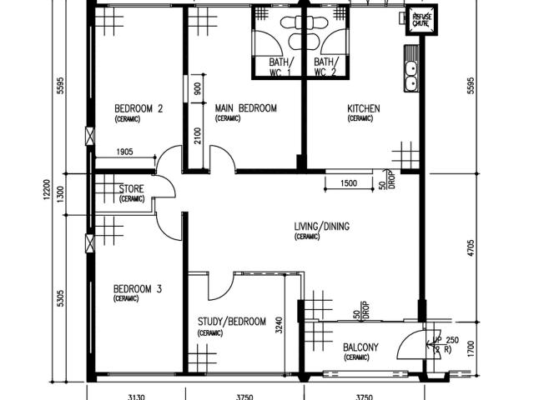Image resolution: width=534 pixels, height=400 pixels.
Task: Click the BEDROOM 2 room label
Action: click(138, 108)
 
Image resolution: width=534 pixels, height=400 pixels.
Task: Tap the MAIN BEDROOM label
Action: click(245, 108)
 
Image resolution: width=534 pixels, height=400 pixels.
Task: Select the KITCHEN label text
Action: click(364, 108)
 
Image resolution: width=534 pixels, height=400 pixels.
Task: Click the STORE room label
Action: click(132, 189)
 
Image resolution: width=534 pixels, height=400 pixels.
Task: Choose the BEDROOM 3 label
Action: click(138, 289)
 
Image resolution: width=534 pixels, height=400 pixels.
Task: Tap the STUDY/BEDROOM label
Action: click(231, 322)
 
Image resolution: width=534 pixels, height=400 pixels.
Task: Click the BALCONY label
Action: click(361, 347)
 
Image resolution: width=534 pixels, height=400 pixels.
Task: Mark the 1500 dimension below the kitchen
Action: click(349, 183)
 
